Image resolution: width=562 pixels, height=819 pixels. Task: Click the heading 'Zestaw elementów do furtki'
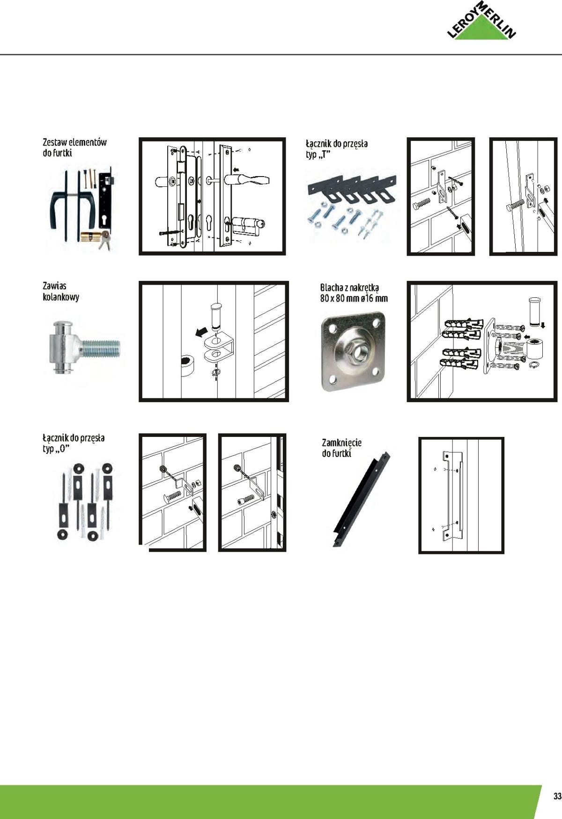click(x=74, y=147)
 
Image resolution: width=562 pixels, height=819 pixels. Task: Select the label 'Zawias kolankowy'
click(x=61, y=291)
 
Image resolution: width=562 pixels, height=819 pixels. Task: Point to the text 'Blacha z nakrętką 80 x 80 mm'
click(x=354, y=293)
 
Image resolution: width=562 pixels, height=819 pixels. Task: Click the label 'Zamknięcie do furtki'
click(x=341, y=447)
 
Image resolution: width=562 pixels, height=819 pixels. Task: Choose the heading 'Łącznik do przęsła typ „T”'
click(x=337, y=148)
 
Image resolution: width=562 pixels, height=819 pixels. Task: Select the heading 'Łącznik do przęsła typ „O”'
click(x=74, y=443)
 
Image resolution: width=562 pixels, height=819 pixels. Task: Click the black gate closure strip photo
click(x=361, y=499)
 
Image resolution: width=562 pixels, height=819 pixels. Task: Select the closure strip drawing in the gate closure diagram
click(x=451, y=495)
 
